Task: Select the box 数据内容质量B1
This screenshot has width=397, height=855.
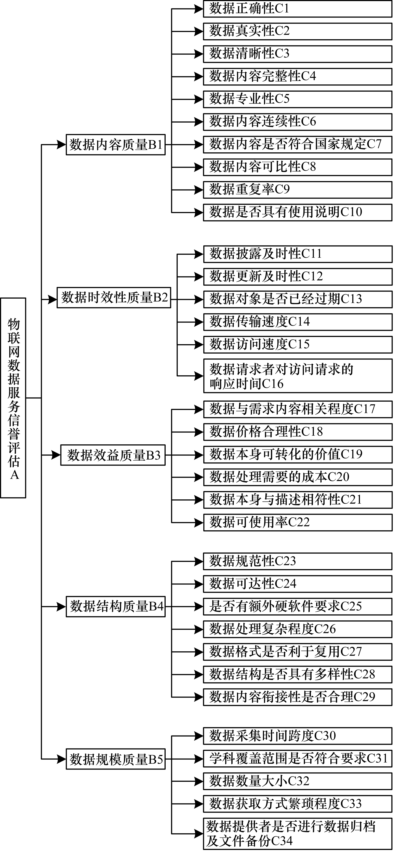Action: tap(116, 145)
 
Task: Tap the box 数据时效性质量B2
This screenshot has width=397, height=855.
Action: tap(114, 298)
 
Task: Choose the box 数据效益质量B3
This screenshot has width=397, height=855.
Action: tap(113, 455)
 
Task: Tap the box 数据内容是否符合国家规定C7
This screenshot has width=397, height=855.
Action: tap(298, 145)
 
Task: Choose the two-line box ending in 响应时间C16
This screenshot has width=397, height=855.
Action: tap(298, 376)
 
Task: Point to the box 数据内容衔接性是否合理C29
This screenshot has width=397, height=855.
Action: tap(298, 697)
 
